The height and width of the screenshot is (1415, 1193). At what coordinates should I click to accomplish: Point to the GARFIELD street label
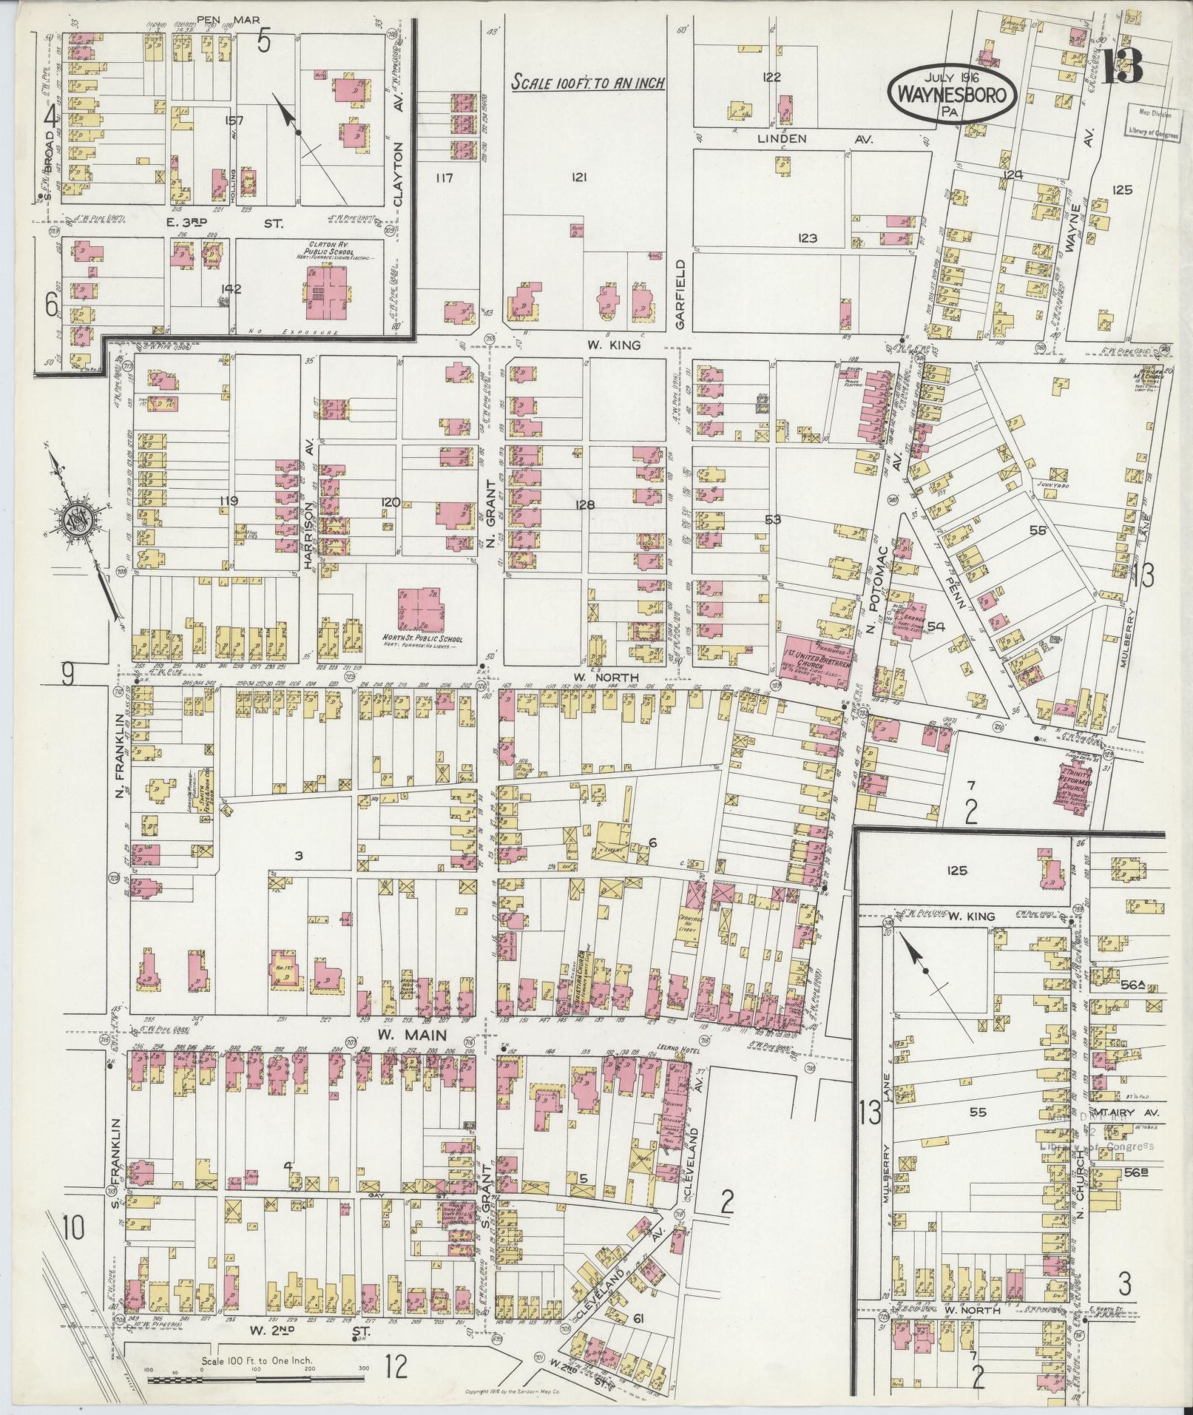coord(680,293)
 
